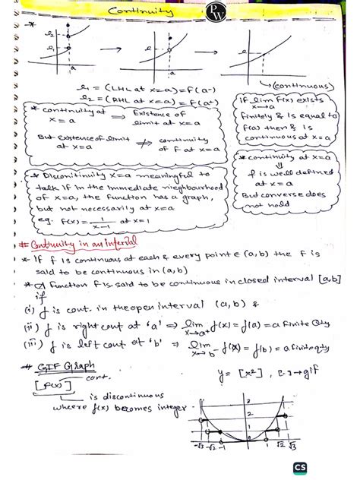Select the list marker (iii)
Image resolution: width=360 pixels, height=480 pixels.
[30, 343]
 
